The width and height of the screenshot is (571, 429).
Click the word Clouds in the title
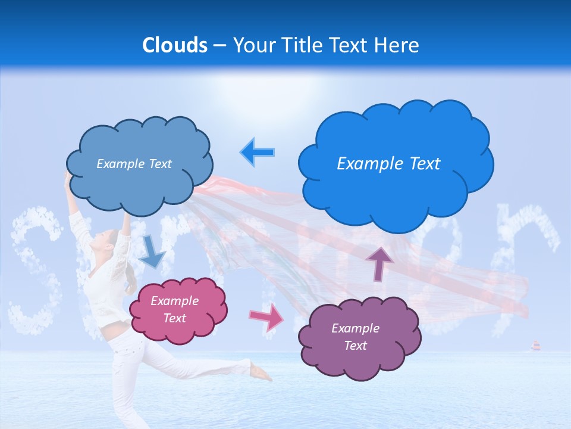click(175, 45)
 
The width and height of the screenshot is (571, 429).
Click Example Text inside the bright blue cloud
click(388, 164)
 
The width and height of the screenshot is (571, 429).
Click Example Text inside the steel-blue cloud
click(134, 164)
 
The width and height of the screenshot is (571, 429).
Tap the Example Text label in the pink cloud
click(175, 309)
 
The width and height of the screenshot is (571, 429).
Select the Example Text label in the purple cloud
click(355, 337)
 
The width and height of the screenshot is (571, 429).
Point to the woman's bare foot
click(262, 374)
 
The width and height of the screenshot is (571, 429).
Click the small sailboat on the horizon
click(535, 346)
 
